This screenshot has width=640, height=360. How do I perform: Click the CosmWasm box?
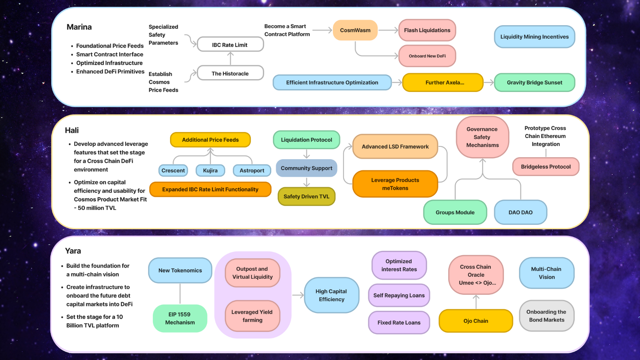[x=355, y=30]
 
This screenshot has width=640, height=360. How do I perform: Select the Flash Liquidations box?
[x=427, y=30]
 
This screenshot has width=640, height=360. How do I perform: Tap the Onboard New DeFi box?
[x=427, y=56]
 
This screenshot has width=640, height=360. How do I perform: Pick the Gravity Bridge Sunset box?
[x=534, y=82]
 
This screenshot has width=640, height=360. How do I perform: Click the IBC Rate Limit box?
[x=230, y=45]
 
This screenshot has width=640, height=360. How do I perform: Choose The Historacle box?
[x=230, y=73]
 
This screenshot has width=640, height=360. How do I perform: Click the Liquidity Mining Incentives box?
[x=534, y=37]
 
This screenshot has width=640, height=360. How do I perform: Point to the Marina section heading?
[x=79, y=27]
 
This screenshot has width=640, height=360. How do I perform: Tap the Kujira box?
[x=210, y=170]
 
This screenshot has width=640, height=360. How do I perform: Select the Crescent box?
[x=173, y=170]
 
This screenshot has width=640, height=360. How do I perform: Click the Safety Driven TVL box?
[x=306, y=196]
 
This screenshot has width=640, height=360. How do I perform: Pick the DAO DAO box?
[x=520, y=212]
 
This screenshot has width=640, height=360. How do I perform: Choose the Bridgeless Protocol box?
[x=546, y=167]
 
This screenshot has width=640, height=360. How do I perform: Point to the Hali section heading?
[x=72, y=130]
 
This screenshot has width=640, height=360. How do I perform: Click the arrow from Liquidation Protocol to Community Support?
[x=307, y=154]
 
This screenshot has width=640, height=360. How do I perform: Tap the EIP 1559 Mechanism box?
[x=180, y=318]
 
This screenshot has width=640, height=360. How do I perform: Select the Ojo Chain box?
[x=476, y=321]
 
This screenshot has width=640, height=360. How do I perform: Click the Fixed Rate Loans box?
[x=399, y=322]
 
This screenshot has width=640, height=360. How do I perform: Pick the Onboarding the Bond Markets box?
[x=546, y=316]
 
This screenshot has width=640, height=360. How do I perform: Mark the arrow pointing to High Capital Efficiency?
[x=298, y=295]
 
